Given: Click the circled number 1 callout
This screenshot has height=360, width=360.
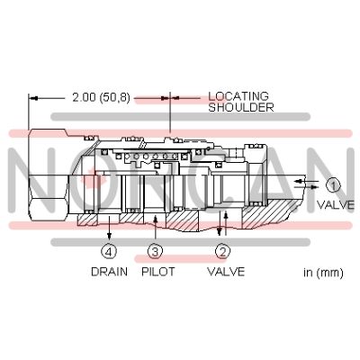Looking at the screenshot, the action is pyautogui.click(x=333, y=185).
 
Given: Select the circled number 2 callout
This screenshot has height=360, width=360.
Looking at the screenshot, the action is pyautogui.click(x=223, y=251).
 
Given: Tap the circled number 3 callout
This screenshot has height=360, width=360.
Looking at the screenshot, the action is pyautogui.click(x=155, y=251).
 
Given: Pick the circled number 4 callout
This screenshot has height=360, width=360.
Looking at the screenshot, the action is pyautogui.click(x=109, y=251).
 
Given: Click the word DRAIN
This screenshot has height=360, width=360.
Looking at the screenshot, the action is pyautogui.click(x=109, y=272).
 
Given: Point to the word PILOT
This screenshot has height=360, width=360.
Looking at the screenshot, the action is pyautogui.click(x=158, y=272).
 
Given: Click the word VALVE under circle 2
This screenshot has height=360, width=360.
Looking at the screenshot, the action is pyautogui.click(x=226, y=272).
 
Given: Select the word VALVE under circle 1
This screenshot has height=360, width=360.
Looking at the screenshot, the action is pyautogui.click(x=336, y=205).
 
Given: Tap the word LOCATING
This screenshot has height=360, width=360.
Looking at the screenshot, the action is pyautogui.click(x=238, y=96).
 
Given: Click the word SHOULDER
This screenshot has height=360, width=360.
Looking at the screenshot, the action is pyautogui.click(x=241, y=107).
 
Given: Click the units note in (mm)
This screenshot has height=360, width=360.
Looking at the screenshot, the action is pyautogui.click(x=323, y=273).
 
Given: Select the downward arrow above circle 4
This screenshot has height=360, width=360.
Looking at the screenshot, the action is pyautogui.click(x=110, y=228).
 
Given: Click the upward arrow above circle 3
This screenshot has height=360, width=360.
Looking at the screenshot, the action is pyautogui.click(x=155, y=229).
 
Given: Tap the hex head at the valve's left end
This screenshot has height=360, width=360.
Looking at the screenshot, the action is pyautogui.click(x=49, y=175).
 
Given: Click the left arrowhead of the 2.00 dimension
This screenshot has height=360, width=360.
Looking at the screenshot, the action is pyautogui.click(x=34, y=98).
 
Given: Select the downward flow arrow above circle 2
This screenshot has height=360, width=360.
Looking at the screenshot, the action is pyautogui.click(x=220, y=223).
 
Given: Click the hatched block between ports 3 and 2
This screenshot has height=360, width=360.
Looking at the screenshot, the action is pyautogui.click(x=182, y=220).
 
